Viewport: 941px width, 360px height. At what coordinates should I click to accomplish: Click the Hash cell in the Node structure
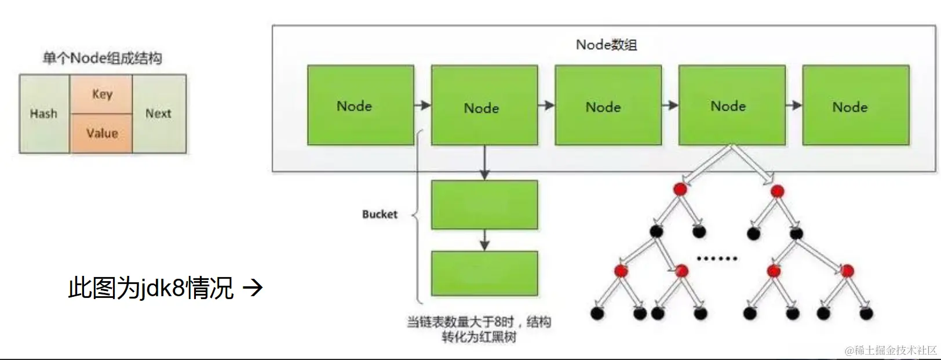pos(44,114)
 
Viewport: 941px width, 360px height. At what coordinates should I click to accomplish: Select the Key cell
pos(102,94)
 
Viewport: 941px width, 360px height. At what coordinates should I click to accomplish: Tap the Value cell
pos(102,133)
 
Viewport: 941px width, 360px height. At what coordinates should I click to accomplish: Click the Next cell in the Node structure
pos(158,114)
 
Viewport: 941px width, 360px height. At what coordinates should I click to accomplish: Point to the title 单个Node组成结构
pos(102,58)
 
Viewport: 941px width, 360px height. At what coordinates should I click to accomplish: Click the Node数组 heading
pos(606,45)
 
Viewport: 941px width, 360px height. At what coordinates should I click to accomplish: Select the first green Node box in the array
pos(360,105)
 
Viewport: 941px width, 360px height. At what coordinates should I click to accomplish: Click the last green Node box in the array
pos(855,105)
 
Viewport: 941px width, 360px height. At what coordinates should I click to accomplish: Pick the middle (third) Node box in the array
pos(608,105)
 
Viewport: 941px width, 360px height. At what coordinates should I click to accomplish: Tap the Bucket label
pos(380,214)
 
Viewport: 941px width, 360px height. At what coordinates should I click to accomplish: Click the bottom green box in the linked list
pos(484,274)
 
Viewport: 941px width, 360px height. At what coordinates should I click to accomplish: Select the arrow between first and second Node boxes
pos(422,106)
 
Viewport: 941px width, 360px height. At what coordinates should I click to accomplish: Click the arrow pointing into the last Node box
pos(794,106)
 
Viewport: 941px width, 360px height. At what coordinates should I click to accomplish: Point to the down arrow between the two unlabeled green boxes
pos(484,239)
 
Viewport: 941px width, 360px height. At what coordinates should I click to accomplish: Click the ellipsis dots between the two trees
pos(717,258)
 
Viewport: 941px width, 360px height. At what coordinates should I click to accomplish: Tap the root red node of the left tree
pos(680,189)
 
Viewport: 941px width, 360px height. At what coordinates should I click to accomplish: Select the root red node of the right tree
pos(777,191)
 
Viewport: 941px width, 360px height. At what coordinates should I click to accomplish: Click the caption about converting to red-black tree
pos(479,329)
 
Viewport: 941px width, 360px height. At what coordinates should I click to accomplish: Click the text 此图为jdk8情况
pos(151,288)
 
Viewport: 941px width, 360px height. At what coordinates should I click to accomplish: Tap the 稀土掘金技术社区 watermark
pos(891,350)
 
